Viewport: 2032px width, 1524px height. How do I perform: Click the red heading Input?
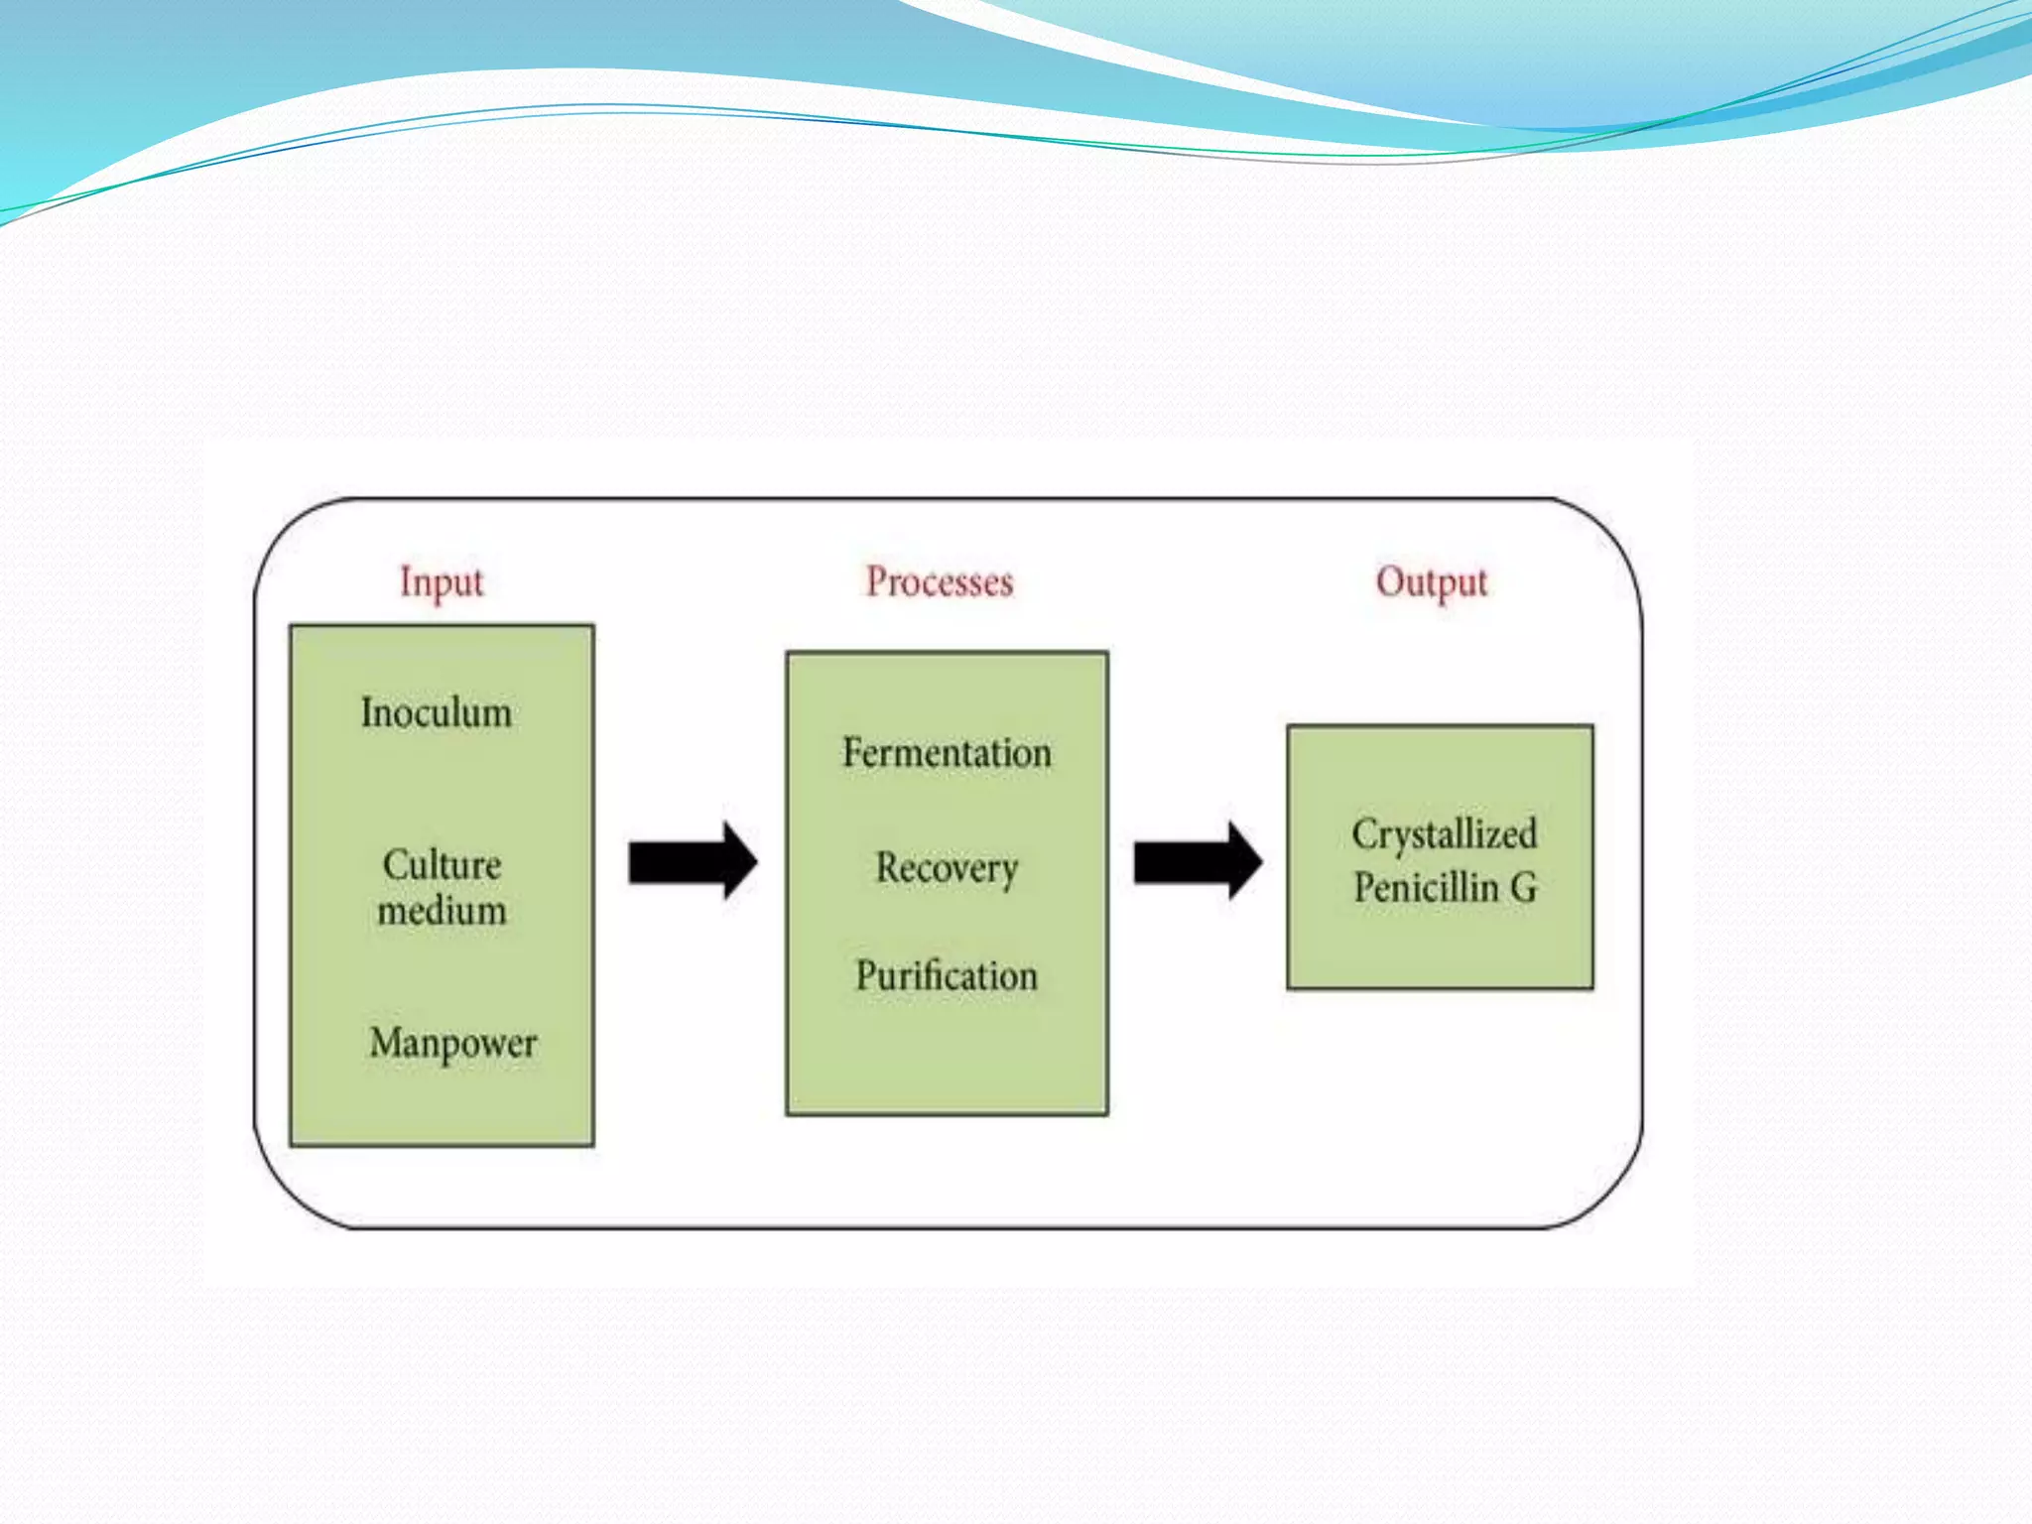click(x=442, y=582)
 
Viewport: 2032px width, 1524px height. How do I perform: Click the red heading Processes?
click(x=940, y=581)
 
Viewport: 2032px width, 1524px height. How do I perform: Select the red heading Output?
click(x=1432, y=582)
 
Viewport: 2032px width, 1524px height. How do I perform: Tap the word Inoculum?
click(x=437, y=713)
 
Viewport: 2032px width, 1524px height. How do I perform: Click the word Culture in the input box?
click(x=442, y=865)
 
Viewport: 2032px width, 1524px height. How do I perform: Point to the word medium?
click(x=442, y=911)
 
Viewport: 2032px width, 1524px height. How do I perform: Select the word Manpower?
click(x=453, y=1044)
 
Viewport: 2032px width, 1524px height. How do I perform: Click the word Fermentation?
click(x=947, y=753)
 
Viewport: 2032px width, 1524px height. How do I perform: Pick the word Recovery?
click(x=947, y=869)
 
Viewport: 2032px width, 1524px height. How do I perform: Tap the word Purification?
click(x=947, y=976)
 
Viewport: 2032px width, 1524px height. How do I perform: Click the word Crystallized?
click(x=1444, y=834)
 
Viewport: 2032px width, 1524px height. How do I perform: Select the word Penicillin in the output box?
click(x=1426, y=888)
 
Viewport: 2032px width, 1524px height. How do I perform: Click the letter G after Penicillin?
click(x=1524, y=888)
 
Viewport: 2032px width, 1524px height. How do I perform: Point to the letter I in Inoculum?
click(x=367, y=713)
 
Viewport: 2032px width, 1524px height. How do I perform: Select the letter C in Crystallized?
click(x=1364, y=834)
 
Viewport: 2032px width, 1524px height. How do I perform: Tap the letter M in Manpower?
click(x=385, y=1043)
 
